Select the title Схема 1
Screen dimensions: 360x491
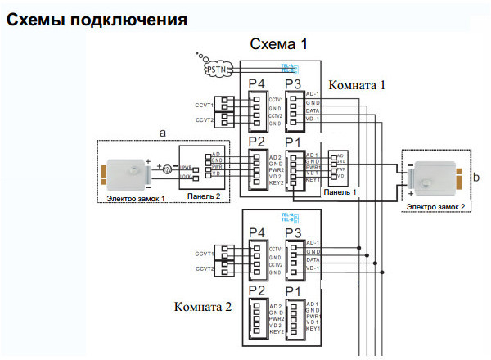pyautogui.click(x=278, y=44)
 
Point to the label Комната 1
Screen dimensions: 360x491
pyautogui.click(x=357, y=84)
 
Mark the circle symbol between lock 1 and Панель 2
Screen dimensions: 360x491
pyautogui.click(x=165, y=169)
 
